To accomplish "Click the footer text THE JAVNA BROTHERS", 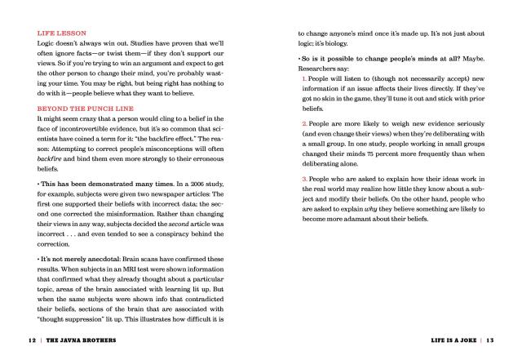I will pos(77,340).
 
